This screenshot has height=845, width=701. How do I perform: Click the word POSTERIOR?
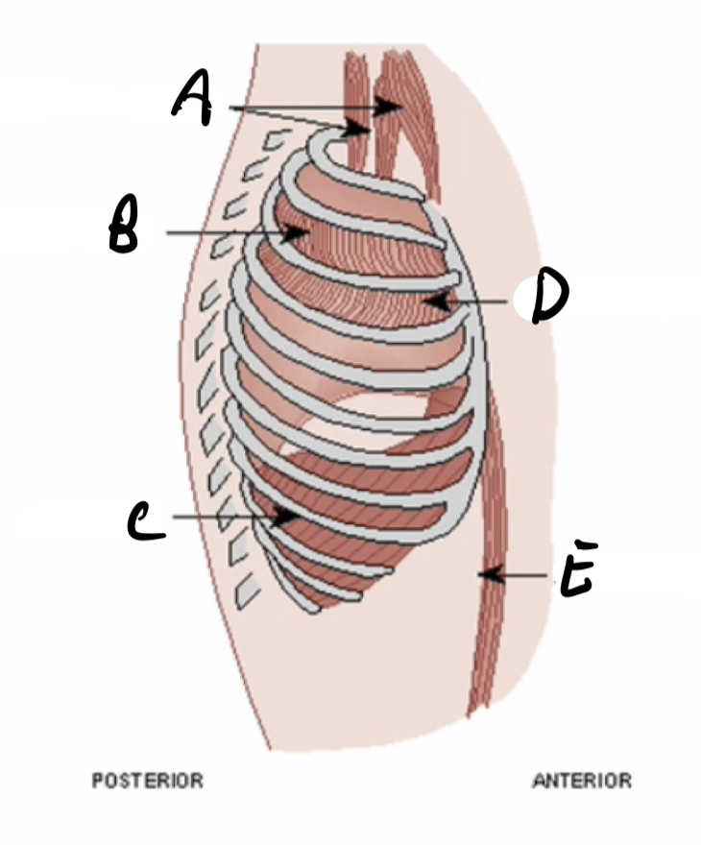(x=147, y=781)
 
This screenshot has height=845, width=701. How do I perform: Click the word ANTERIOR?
(x=582, y=781)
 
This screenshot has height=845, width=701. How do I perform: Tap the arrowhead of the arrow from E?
(x=487, y=574)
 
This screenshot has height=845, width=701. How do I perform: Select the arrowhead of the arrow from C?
(x=288, y=516)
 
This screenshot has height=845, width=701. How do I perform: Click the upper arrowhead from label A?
(x=393, y=107)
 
